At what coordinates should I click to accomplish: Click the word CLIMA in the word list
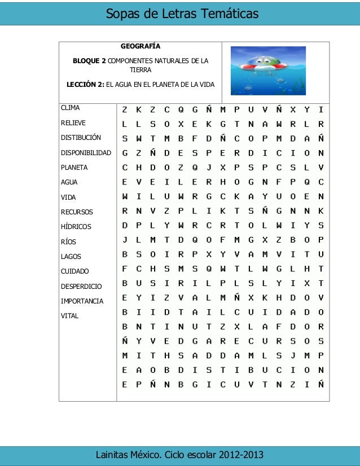71,107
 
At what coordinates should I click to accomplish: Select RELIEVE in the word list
73,122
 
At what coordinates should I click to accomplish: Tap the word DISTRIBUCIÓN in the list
81,137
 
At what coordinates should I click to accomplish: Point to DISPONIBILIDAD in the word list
86,152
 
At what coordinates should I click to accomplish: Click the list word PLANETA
74,168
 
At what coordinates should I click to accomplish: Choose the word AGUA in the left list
69,182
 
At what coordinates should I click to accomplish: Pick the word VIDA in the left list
68,197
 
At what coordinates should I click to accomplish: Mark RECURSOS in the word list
77,212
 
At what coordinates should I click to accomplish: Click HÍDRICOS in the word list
76,227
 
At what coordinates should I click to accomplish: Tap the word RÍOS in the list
68,242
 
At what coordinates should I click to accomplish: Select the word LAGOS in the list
71,257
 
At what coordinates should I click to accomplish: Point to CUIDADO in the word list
74,271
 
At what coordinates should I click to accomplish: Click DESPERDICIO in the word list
81,287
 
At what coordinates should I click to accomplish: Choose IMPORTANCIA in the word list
82,301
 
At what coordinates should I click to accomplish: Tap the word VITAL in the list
69,316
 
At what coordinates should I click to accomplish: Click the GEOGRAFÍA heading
141,46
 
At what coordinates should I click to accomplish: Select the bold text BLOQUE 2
89,60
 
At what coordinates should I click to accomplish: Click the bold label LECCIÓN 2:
85,85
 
